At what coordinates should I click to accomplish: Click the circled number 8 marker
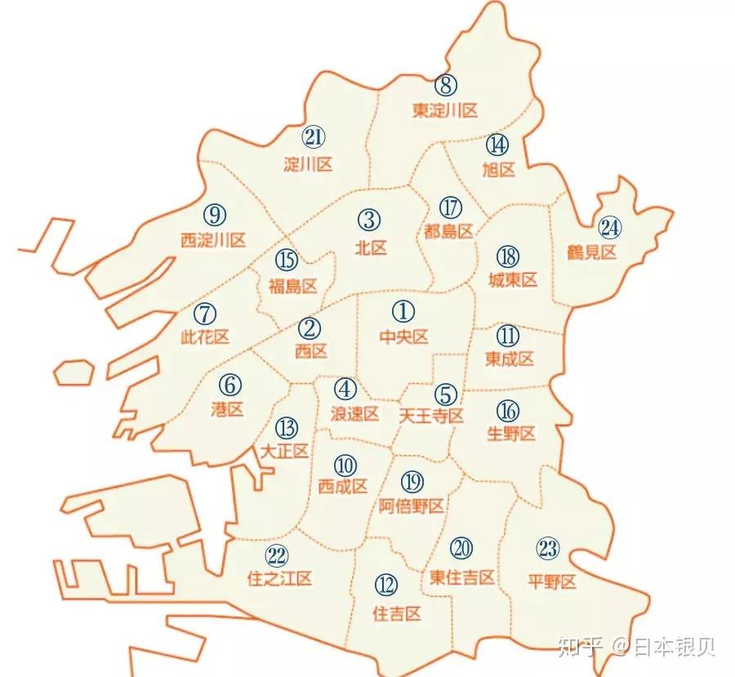click(x=445, y=84)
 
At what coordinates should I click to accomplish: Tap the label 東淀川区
click(x=444, y=110)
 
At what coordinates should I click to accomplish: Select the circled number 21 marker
click(x=313, y=136)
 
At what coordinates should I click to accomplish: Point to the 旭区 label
click(x=499, y=170)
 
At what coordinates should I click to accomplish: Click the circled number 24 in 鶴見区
click(x=610, y=226)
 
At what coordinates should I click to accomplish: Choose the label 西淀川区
click(x=213, y=240)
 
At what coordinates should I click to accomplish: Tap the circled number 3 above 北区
click(x=369, y=220)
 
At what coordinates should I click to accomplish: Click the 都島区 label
click(x=449, y=231)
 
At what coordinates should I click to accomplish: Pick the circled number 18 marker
click(x=508, y=256)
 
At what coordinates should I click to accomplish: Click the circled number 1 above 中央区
click(x=403, y=311)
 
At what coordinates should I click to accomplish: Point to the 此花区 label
click(x=204, y=337)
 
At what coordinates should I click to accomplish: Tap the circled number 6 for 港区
click(x=230, y=384)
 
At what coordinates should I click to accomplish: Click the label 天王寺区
click(x=431, y=416)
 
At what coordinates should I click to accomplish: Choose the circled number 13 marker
click(x=286, y=427)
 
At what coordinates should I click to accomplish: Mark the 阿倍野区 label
click(x=412, y=506)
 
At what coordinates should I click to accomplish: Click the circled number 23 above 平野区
click(x=548, y=549)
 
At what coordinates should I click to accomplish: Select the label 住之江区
click(x=279, y=579)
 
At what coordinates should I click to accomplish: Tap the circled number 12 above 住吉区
click(x=386, y=585)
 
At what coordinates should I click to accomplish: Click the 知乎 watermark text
click(x=579, y=648)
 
